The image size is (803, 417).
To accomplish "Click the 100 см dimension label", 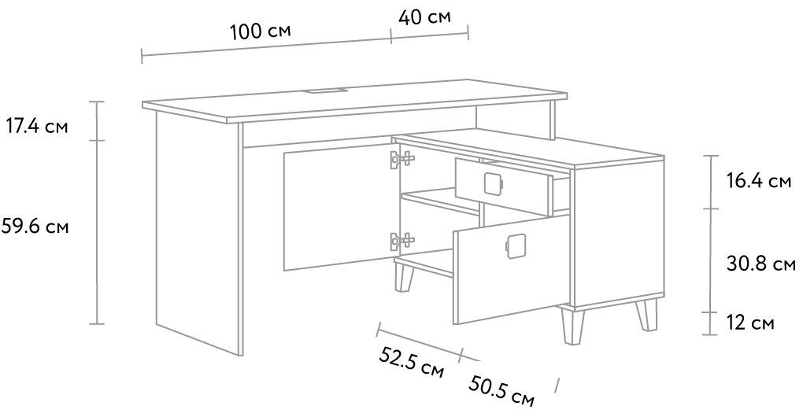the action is [x=260, y=31].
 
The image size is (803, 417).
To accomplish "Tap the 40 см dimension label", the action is [x=424, y=17].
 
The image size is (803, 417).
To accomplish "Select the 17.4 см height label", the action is [x=36, y=125].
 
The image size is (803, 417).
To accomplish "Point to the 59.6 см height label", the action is [x=35, y=225].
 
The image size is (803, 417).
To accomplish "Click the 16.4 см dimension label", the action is [x=759, y=181].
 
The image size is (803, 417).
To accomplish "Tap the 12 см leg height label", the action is [x=750, y=323].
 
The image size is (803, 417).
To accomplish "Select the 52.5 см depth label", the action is [x=411, y=362].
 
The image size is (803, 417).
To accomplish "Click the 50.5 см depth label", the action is [x=501, y=391].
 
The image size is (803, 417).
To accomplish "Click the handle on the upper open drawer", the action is [x=493, y=183].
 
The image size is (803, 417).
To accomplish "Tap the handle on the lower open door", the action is [x=515, y=246].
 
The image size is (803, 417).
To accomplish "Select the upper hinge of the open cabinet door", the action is [x=401, y=159].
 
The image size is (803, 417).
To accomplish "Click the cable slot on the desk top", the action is [x=326, y=92].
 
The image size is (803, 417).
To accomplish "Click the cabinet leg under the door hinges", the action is [x=404, y=278].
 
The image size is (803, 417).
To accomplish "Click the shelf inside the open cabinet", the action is [x=440, y=200].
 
